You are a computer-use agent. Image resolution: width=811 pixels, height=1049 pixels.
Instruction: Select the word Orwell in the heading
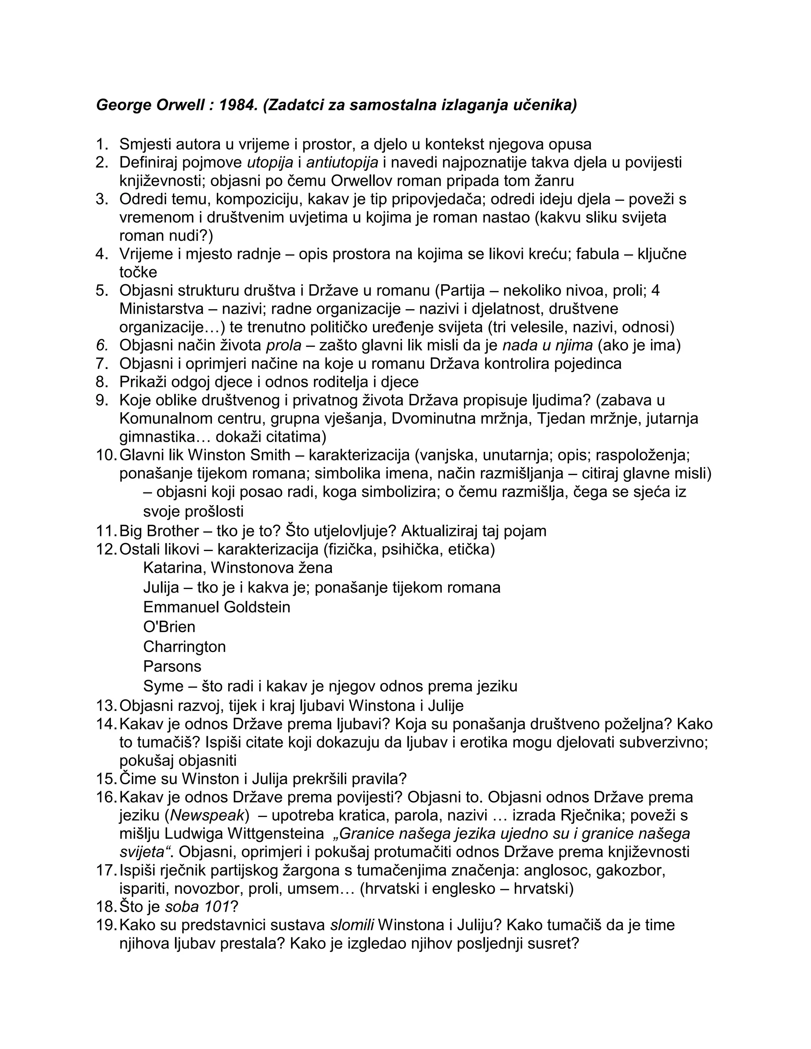(180, 105)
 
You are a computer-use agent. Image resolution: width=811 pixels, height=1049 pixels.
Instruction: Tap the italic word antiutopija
(342, 162)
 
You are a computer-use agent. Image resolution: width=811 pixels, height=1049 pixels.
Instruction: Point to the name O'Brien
(169, 627)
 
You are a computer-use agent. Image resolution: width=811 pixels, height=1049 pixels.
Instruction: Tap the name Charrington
(185, 646)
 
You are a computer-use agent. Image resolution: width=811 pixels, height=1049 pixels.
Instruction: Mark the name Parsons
(172, 666)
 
